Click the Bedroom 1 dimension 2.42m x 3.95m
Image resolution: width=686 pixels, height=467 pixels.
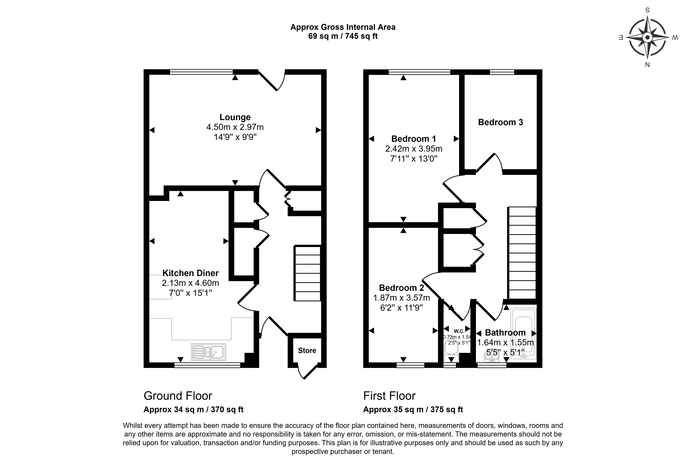pyautogui.click(x=414, y=149)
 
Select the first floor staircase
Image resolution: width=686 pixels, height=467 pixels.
pyautogui.click(x=522, y=253)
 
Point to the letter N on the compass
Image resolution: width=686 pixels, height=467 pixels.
pyautogui.click(x=647, y=65)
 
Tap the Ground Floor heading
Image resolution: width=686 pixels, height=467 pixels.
pyautogui.click(x=178, y=396)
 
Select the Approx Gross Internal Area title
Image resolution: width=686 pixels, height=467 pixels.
pyautogui.click(x=343, y=27)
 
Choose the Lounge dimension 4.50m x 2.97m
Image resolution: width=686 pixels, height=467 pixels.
pyautogui.click(x=235, y=127)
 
